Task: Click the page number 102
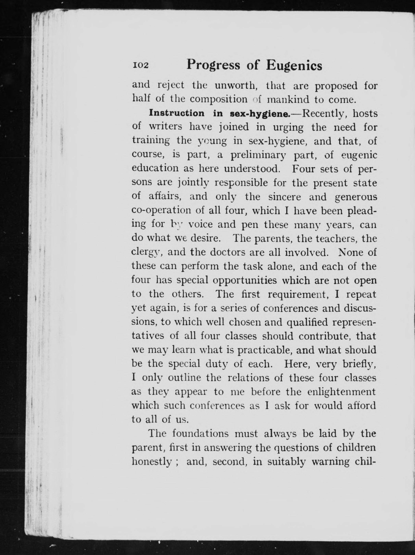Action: coord(141,65)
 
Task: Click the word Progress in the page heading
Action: coord(213,65)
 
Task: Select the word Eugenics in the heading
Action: coord(294,66)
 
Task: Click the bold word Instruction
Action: coord(177,113)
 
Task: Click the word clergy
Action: coord(147,252)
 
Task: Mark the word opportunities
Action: coord(245,280)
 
